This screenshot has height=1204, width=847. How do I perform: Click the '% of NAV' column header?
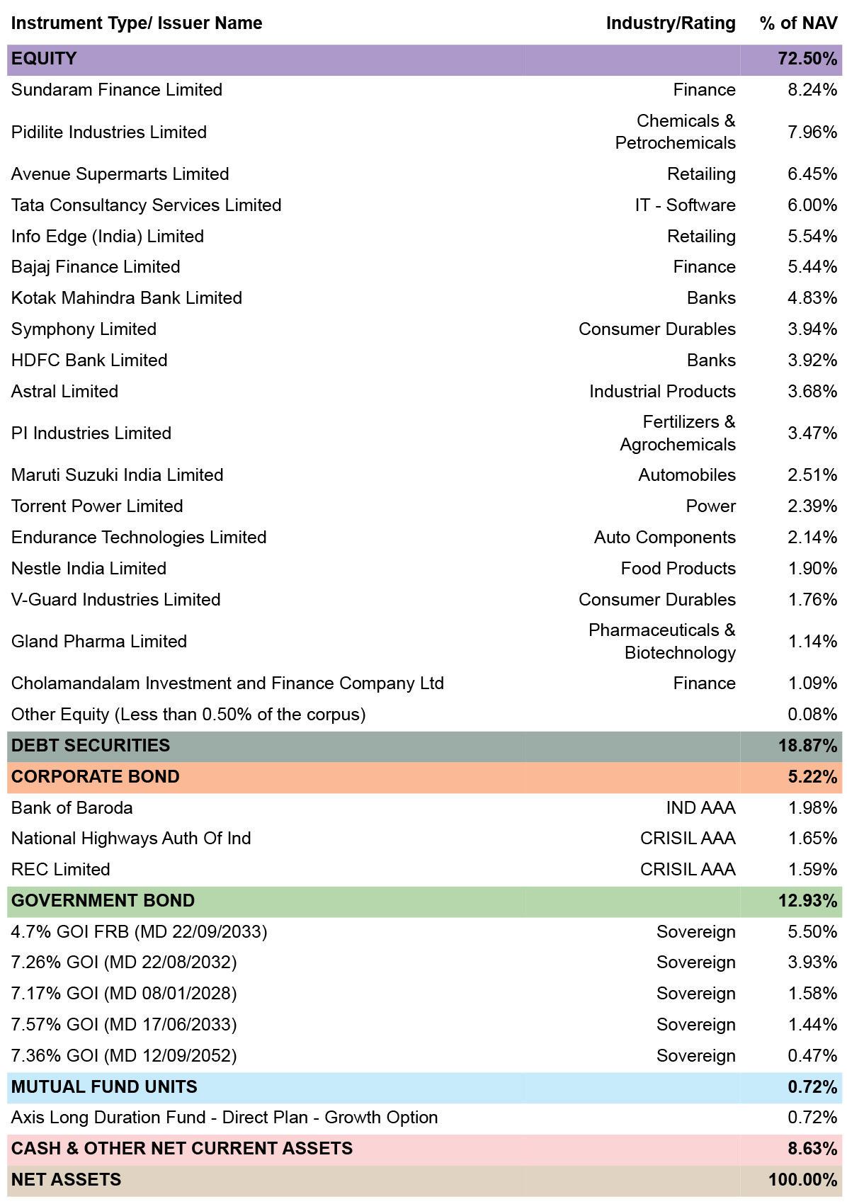798,23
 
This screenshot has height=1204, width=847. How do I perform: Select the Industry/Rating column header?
671,23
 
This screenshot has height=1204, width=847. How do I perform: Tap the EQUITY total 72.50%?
807,59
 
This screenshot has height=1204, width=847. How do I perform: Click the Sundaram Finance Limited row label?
117,90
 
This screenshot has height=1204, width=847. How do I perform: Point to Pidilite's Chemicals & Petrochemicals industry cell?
676,132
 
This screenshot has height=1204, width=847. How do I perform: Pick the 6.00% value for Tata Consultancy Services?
812,205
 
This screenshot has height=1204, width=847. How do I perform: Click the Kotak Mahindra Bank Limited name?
127,298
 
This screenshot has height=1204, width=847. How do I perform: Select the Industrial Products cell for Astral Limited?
662,391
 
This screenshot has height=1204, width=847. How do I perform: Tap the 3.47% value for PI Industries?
812,433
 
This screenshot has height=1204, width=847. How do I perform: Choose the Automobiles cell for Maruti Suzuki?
687,475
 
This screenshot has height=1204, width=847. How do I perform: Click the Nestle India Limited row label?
89,569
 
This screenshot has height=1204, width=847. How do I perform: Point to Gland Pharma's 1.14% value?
812,641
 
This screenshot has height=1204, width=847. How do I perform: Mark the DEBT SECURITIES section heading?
90,746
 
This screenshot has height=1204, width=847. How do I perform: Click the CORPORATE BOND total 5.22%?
812,777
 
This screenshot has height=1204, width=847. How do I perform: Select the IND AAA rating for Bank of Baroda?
701,808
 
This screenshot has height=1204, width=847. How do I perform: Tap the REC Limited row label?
61,870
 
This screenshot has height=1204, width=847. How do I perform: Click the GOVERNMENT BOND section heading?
103,901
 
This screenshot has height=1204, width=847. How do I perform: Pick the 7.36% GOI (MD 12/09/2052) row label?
124,1056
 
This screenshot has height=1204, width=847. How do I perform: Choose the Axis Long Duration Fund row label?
224,1118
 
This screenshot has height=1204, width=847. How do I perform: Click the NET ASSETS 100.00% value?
802,1180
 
